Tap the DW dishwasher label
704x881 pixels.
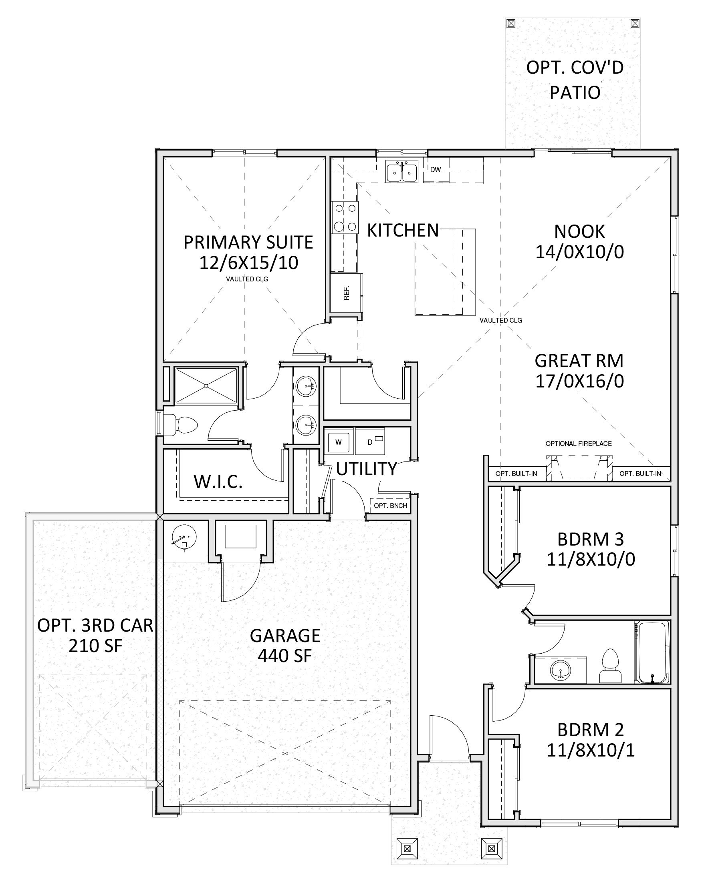point(435,170)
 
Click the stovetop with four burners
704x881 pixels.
point(345,217)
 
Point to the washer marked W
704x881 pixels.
point(338,442)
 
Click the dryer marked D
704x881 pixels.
point(370,442)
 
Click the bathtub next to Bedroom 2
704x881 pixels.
point(652,652)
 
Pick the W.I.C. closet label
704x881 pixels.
point(218,482)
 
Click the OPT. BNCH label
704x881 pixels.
point(390,506)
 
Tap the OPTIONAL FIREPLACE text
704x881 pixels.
point(579,444)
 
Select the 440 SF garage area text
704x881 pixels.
point(285,656)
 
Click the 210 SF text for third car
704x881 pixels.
point(95,646)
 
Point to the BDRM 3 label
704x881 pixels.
point(590,540)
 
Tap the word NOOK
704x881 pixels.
point(579,232)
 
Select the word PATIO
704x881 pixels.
point(575,92)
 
